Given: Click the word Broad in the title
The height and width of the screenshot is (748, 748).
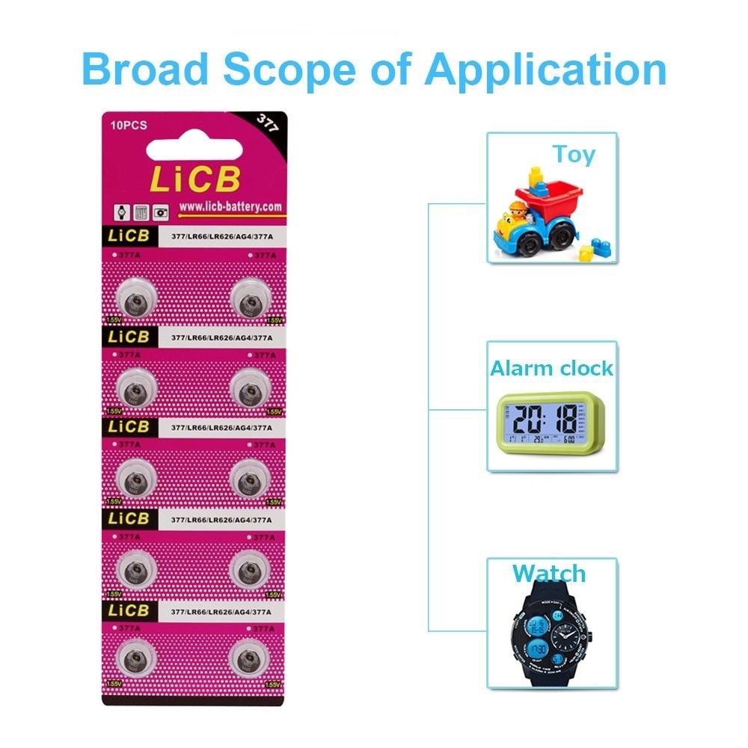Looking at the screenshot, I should [144, 70].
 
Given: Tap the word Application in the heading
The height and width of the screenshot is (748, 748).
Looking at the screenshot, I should [545, 70].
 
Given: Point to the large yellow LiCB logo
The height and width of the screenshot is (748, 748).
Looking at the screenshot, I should [196, 179].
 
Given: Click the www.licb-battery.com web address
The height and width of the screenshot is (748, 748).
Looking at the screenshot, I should [230, 206].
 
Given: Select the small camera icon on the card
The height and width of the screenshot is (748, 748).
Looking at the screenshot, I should [160, 212].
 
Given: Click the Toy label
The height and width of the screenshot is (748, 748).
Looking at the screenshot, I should [574, 154].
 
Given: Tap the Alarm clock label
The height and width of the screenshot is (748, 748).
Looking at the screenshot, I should [552, 368].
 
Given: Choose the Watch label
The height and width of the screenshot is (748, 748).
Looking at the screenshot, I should [549, 574].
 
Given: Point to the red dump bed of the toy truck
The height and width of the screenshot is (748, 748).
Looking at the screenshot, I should [554, 197].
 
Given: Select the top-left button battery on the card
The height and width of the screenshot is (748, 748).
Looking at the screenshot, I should [138, 301].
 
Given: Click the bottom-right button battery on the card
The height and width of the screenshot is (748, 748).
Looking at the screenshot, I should [249, 658].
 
